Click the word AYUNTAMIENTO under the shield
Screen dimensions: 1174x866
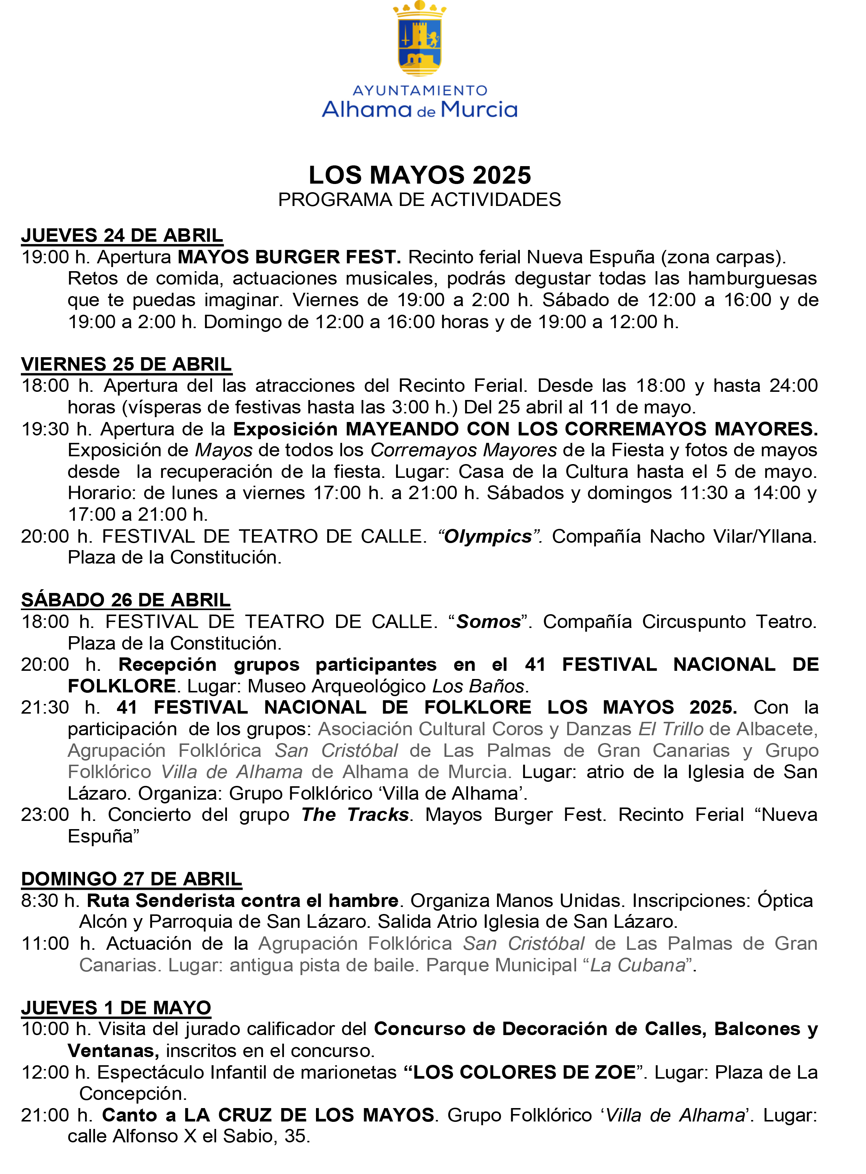[x=420, y=91]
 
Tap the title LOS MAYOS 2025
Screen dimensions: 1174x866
[x=420, y=175]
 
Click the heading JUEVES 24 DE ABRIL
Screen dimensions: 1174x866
[x=122, y=235]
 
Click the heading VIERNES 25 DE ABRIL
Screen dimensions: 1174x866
[x=126, y=364]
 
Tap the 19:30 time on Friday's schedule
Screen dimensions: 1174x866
[x=45, y=429]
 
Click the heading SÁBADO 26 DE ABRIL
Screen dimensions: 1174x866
[x=126, y=600]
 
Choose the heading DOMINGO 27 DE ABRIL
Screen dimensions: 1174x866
[x=132, y=879]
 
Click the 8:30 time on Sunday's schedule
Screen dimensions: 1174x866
[x=40, y=901]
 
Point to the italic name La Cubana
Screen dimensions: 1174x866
[x=638, y=965]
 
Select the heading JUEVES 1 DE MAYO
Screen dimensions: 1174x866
[x=116, y=1008]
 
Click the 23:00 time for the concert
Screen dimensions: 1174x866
[x=45, y=815]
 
